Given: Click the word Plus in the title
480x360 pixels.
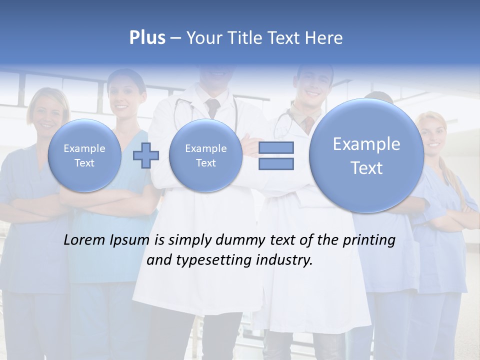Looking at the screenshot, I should pyautogui.click(x=147, y=38).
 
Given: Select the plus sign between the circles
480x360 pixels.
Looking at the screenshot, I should pyautogui.click(x=145, y=155).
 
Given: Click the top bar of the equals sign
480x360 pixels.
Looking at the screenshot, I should pyautogui.click(x=276, y=147).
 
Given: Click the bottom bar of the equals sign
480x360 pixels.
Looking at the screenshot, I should pyautogui.click(x=276, y=163).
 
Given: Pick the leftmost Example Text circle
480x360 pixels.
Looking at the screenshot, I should pyautogui.click(x=84, y=155).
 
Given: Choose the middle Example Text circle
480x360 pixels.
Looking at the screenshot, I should pyautogui.click(x=205, y=155).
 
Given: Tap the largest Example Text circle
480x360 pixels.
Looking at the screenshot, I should pyautogui.click(x=366, y=155).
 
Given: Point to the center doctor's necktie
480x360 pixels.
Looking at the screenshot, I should pyautogui.click(x=213, y=107).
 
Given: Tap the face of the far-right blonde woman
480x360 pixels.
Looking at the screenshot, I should pyautogui.click(x=431, y=132).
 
